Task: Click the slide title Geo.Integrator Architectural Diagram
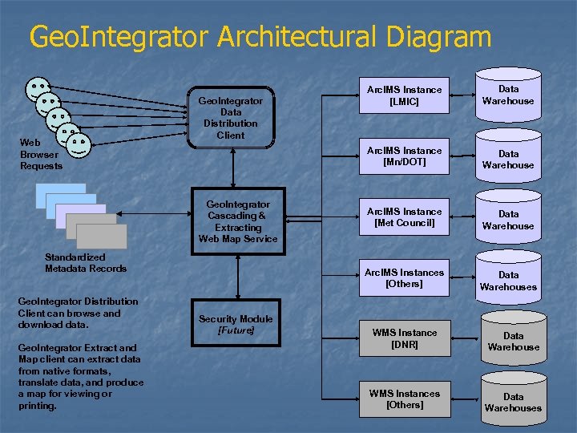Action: (x=260, y=37)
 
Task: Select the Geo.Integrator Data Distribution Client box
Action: (x=231, y=117)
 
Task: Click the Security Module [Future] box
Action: (x=236, y=324)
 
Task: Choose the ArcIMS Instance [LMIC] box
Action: (x=404, y=95)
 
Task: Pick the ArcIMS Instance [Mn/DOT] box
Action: (x=404, y=156)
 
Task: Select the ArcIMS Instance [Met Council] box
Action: (x=404, y=217)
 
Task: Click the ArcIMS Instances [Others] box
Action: (x=404, y=278)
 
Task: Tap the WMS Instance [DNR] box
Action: (x=404, y=338)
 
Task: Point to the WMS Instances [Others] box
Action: (x=404, y=399)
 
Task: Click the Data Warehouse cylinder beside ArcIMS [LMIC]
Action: (x=508, y=95)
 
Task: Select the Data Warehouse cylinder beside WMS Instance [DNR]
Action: (x=513, y=341)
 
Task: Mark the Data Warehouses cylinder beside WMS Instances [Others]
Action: (x=513, y=401)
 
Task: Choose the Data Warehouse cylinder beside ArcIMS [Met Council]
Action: (x=508, y=220)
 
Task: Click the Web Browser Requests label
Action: (x=40, y=155)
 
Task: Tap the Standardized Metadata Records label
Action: (x=85, y=263)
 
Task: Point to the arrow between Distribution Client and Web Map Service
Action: (x=232, y=168)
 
